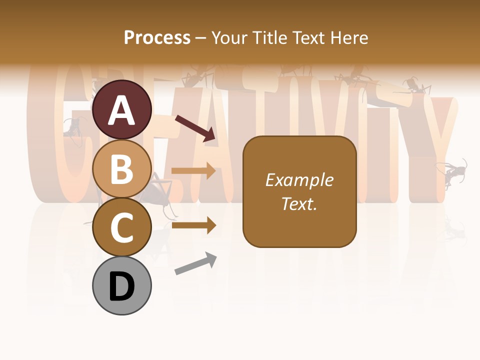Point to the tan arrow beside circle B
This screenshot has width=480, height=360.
[x=193, y=171]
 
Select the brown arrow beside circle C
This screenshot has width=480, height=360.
[x=193, y=225]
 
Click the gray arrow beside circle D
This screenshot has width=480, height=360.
[x=195, y=263]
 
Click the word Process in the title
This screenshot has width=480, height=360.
[x=157, y=38]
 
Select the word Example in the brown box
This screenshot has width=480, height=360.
[x=299, y=180]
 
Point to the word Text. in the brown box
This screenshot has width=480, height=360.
[x=299, y=203]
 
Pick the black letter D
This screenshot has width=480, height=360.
[x=121, y=286]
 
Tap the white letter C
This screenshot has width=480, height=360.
[x=121, y=228]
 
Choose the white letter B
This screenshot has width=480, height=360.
[x=121, y=169]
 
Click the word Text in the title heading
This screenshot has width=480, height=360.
[x=308, y=38]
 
